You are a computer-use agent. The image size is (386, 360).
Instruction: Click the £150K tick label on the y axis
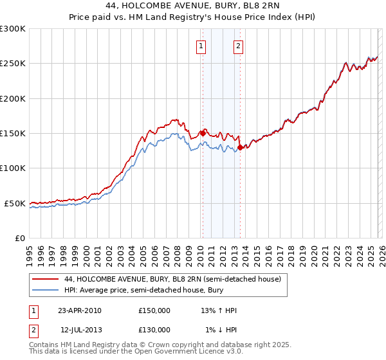tap(13, 133)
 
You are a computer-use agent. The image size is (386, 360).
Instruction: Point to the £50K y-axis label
tap(15, 203)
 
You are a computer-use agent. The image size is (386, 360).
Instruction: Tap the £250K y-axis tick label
tap(13, 64)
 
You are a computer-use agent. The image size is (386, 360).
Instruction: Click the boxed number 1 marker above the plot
tap(202, 46)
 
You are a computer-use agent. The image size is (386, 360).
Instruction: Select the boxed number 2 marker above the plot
tap(239, 46)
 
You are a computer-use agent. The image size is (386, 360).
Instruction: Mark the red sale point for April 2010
tap(202, 133)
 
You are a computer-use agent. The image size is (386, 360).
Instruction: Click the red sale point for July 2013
tap(239, 147)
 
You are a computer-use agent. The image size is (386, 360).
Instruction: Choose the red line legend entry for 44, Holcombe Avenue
tap(172, 280)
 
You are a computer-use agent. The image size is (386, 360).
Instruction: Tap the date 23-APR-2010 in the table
tap(79, 310)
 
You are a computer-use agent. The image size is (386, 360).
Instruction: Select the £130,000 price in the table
tap(154, 330)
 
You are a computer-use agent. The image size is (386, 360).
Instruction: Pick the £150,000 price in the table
tap(154, 310)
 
